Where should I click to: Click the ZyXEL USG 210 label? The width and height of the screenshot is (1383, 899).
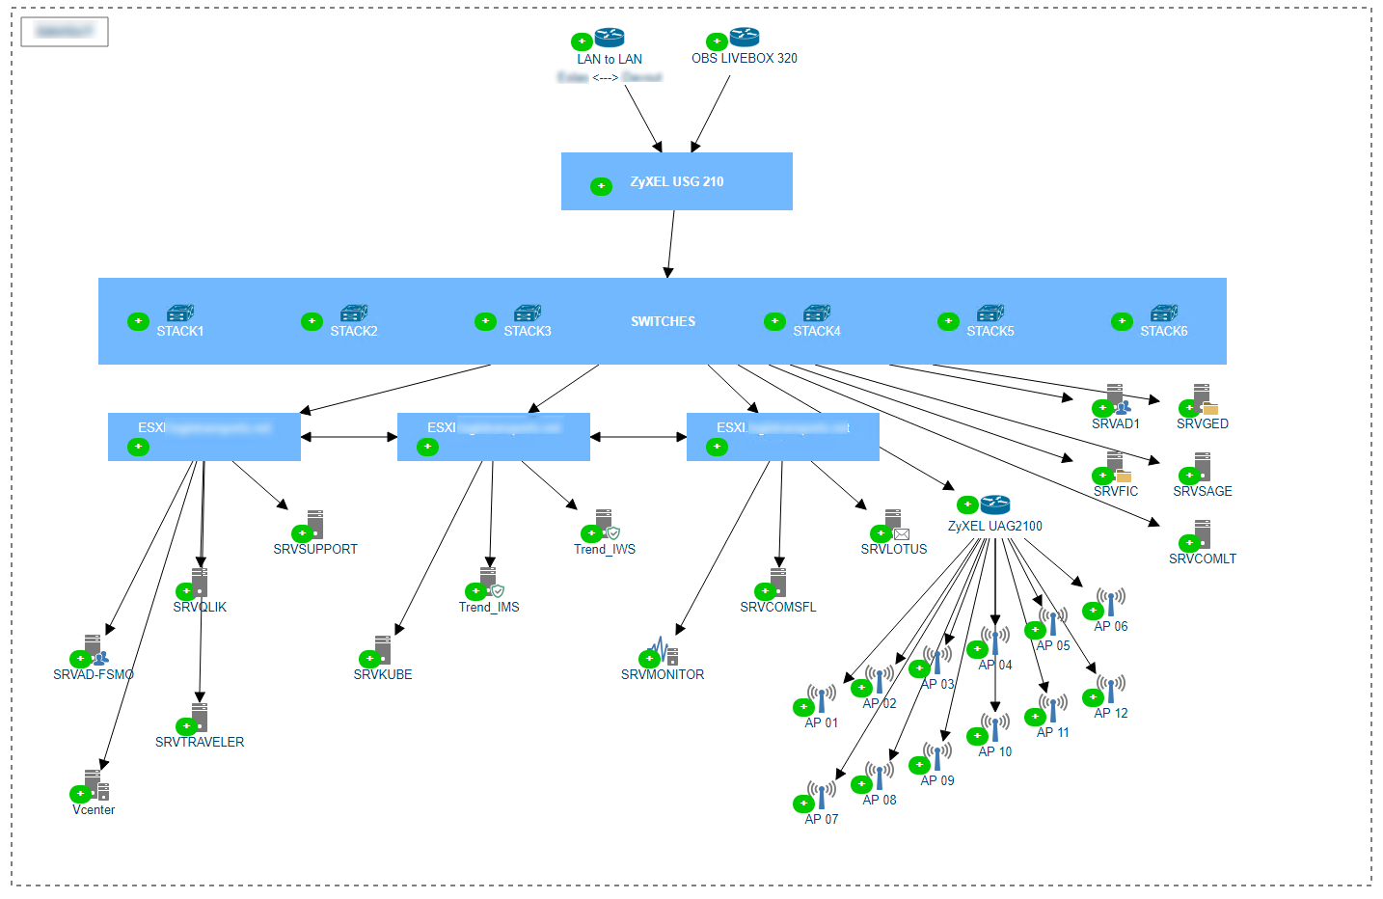tap(676, 181)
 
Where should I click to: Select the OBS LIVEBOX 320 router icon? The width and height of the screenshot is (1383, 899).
tap(744, 38)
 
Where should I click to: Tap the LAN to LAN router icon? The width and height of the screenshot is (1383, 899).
tap(609, 38)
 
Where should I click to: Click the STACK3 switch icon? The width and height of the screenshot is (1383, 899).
tap(528, 313)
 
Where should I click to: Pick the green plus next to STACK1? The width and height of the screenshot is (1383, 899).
tap(138, 321)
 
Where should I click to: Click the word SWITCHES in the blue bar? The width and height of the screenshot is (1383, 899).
tap(663, 321)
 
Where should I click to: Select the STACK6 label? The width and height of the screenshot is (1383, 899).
tap(1163, 331)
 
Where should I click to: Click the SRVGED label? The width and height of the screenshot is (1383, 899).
tap(1202, 423)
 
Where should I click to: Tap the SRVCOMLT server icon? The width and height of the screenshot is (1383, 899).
tap(1202, 533)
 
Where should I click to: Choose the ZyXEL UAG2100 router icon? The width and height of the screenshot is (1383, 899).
tap(994, 504)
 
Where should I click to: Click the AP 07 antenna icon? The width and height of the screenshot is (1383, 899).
tap(822, 795)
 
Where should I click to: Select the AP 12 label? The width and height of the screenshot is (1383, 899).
tap(1110, 713)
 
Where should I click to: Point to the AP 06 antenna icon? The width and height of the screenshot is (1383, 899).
tap(1111, 602)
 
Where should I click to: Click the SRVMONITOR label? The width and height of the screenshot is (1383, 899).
tap(662, 674)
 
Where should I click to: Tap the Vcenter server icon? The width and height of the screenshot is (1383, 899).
tap(95, 784)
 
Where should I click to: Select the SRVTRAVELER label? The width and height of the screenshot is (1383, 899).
tap(199, 742)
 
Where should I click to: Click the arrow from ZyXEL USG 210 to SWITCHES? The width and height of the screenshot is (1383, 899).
tap(671, 244)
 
